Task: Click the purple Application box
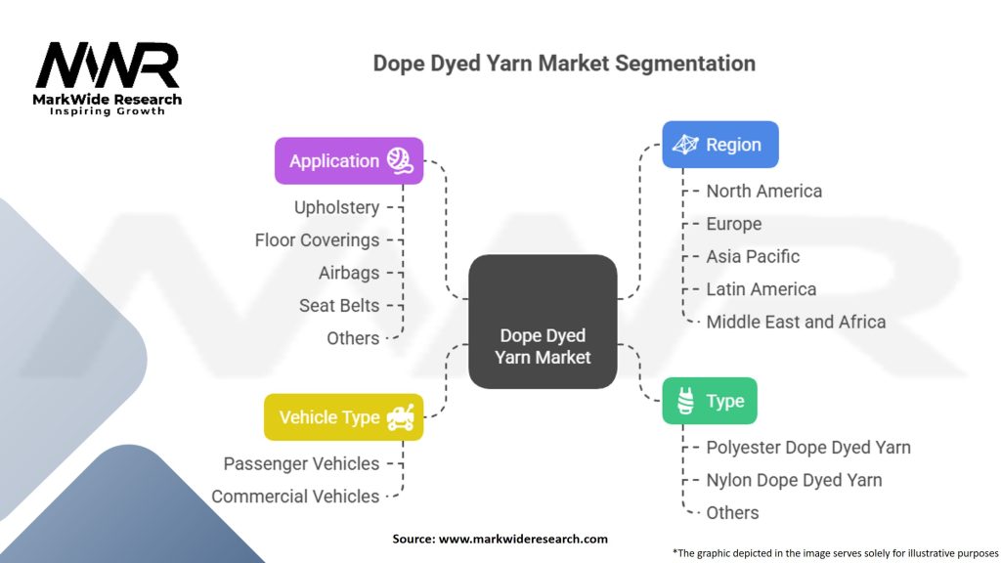coord(349,160)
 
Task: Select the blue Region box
coord(720,145)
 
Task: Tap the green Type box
coord(709,401)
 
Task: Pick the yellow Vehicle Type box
coord(343,417)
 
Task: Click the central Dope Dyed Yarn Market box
coord(543,322)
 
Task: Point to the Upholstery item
coord(336,207)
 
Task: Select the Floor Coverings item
coord(317,239)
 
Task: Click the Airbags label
coord(348,273)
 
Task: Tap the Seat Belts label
coord(338,305)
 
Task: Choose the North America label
coord(764,191)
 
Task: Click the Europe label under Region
coord(733,224)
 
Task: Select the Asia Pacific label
coord(753,256)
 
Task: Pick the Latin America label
coord(761,289)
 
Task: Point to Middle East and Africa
coord(796,322)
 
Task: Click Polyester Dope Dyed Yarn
coord(808,448)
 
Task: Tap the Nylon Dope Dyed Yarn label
coord(794,480)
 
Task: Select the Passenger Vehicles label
coord(301,463)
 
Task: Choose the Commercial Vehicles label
coord(295,496)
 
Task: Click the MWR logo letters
coord(108,65)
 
